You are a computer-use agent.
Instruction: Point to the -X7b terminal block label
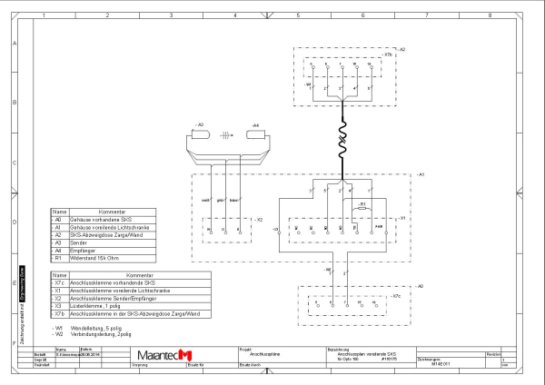[x=388, y=54]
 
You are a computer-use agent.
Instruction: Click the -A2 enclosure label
[x=401, y=48]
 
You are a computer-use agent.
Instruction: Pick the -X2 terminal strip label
[x=258, y=220]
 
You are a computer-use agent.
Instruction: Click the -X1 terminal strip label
[x=401, y=219]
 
